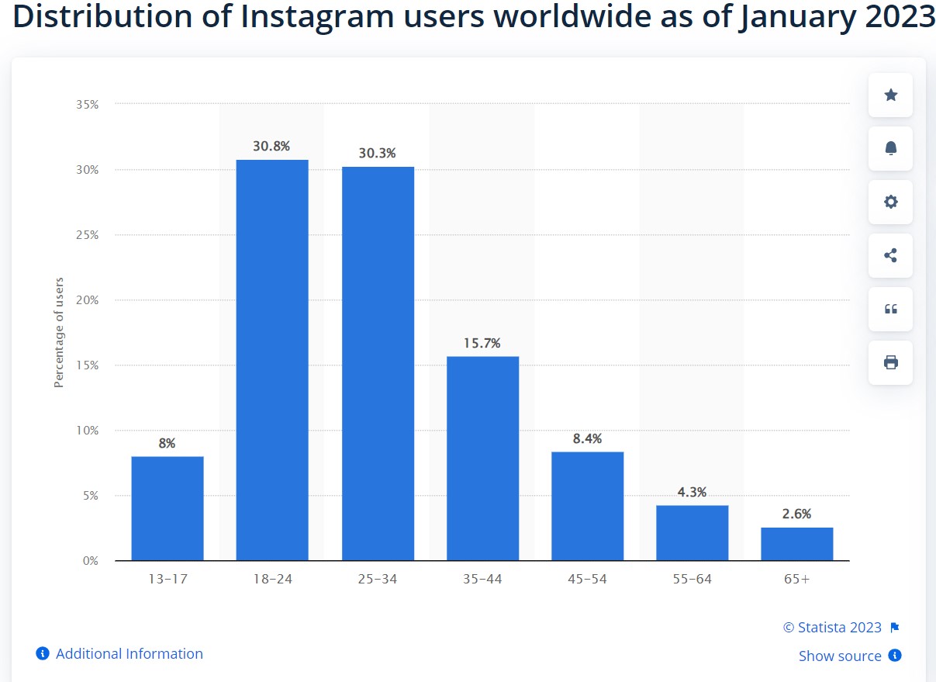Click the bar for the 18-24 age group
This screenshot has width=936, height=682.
(x=272, y=360)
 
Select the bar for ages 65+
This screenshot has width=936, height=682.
(x=796, y=544)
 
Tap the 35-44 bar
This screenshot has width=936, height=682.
(x=482, y=458)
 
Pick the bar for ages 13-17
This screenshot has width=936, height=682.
(x=168, y=508)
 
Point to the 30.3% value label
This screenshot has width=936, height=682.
(x=377, y=154)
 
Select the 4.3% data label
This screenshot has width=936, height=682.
(x=692, y=492)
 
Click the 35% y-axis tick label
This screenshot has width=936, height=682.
(x=87, y=104)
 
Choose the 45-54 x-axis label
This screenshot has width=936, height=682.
(x=587, y=579)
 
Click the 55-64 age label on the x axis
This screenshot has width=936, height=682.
(x=692, y=579)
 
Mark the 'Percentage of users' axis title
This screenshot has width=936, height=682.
(x=59, y=332)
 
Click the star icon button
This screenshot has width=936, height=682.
(x=890, y=95)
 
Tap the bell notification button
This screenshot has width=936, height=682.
(x=890, y=148)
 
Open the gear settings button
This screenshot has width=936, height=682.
(x=890, y=202)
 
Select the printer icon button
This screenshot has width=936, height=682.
(x=890, y=362)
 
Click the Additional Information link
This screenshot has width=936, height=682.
(x=129, y=654)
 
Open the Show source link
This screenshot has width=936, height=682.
(x=840, y=656)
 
